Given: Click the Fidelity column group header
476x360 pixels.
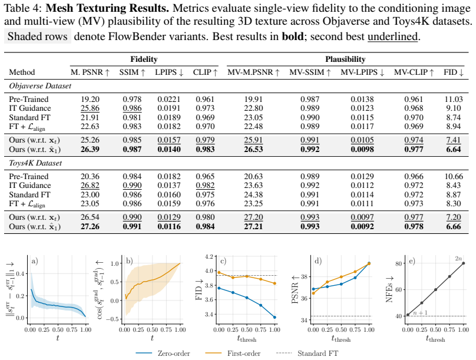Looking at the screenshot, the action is [x=144, y=59].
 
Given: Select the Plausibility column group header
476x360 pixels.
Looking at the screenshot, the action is [x=345, y=59].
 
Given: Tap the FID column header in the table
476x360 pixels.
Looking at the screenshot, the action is [x=454, y=72].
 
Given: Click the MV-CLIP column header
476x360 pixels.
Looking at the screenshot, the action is [x=414, y=72].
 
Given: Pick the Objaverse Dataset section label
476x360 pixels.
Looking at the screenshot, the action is [x=40, y=86].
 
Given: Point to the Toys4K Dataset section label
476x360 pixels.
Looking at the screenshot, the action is [x=35, y=163].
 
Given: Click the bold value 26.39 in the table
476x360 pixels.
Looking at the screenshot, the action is [x=90, y=149].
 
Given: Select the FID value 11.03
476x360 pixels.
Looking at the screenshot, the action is [x=454, y=99].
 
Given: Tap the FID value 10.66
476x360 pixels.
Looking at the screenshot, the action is [x=454, y=176].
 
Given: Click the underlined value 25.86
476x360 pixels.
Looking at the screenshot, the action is [x=90, y=108].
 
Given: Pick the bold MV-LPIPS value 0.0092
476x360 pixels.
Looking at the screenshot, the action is [x=362, y=226].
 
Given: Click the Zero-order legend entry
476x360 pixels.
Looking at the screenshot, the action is [x=163, y=354].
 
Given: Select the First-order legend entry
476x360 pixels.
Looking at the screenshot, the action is [x=233, y=354].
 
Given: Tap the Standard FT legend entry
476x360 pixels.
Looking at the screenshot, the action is [x=307, y=354].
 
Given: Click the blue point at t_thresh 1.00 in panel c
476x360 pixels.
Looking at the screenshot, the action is [x=275, y=317].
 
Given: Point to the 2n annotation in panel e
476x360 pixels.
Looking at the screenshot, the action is [x=458, y=259].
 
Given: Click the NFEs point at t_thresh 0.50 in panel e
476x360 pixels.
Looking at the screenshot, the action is [x=435, y=289].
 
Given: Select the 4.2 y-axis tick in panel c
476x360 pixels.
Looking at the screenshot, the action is [x=209, y=256].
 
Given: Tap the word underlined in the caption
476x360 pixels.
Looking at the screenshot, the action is [x=392, y=37].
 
